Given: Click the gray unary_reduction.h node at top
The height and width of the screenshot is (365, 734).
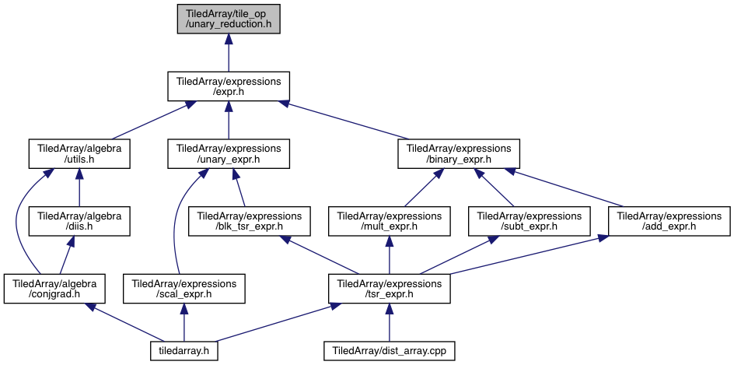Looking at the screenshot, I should tap(228, 19).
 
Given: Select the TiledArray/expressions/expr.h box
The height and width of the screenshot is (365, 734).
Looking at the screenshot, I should tap(228, 86).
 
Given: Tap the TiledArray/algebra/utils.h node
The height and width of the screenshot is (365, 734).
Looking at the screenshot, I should tap(79, 154).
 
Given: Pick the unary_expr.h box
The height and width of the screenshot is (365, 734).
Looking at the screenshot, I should tap(228, 154).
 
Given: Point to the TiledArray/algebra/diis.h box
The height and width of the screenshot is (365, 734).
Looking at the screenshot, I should tap(79, 221).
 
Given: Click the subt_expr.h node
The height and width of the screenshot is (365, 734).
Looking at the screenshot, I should tap(529, 221).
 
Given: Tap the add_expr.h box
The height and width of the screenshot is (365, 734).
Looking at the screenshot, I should tap(669, 221).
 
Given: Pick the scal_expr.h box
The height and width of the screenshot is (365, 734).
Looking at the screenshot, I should tap(183, 289).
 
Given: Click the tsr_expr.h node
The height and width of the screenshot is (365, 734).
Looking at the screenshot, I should tap(389, 289).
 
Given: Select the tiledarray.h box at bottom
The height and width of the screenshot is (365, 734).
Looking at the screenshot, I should tap(183, 350).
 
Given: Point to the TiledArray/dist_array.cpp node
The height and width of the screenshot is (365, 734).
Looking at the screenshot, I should tap(389, 350).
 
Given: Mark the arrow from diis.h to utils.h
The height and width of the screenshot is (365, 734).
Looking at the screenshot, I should tap(79, 188).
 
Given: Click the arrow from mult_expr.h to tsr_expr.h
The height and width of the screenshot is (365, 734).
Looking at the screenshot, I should tap(388, 255).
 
